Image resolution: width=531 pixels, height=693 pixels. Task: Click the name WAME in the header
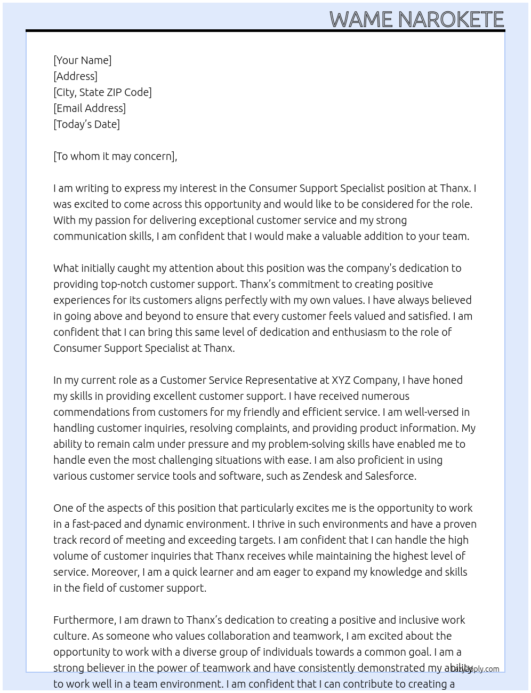361,20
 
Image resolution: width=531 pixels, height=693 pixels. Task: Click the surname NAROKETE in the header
450,20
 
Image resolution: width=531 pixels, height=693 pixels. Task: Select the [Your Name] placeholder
82,60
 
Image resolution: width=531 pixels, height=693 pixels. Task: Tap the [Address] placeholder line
75,76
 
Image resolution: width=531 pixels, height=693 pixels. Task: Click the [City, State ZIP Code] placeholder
102,92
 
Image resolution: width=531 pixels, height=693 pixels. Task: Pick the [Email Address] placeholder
90,108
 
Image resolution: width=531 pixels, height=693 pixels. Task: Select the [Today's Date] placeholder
86,124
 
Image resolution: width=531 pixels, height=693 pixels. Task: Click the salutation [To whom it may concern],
115,156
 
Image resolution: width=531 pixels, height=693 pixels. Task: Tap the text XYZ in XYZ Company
341,380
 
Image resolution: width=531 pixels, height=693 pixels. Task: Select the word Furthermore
84,620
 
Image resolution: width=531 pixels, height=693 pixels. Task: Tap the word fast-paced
97,524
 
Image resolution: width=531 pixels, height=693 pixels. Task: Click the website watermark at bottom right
476,669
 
